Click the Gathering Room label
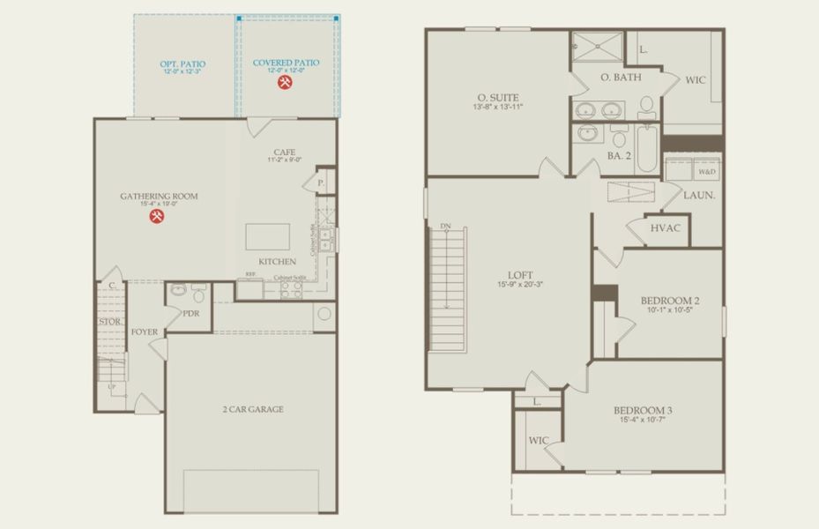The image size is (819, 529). [159, 196]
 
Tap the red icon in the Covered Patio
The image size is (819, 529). [286, 83]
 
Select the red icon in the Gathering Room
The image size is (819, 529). [158, 217]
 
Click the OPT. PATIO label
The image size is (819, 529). [182, 63]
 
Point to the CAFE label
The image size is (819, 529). [286, 151]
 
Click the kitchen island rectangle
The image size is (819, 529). [269, 237]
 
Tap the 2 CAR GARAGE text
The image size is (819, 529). [252, 409]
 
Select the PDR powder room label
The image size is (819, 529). [191, 313]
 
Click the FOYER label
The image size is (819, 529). [145, 332]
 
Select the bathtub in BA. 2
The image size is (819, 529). [647, 146]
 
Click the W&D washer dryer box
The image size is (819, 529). [707, 172]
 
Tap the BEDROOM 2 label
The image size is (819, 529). [669, 301]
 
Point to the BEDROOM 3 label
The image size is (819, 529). [643, 410]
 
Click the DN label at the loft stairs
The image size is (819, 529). [446, 227]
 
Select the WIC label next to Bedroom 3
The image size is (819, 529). [539, 440]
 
